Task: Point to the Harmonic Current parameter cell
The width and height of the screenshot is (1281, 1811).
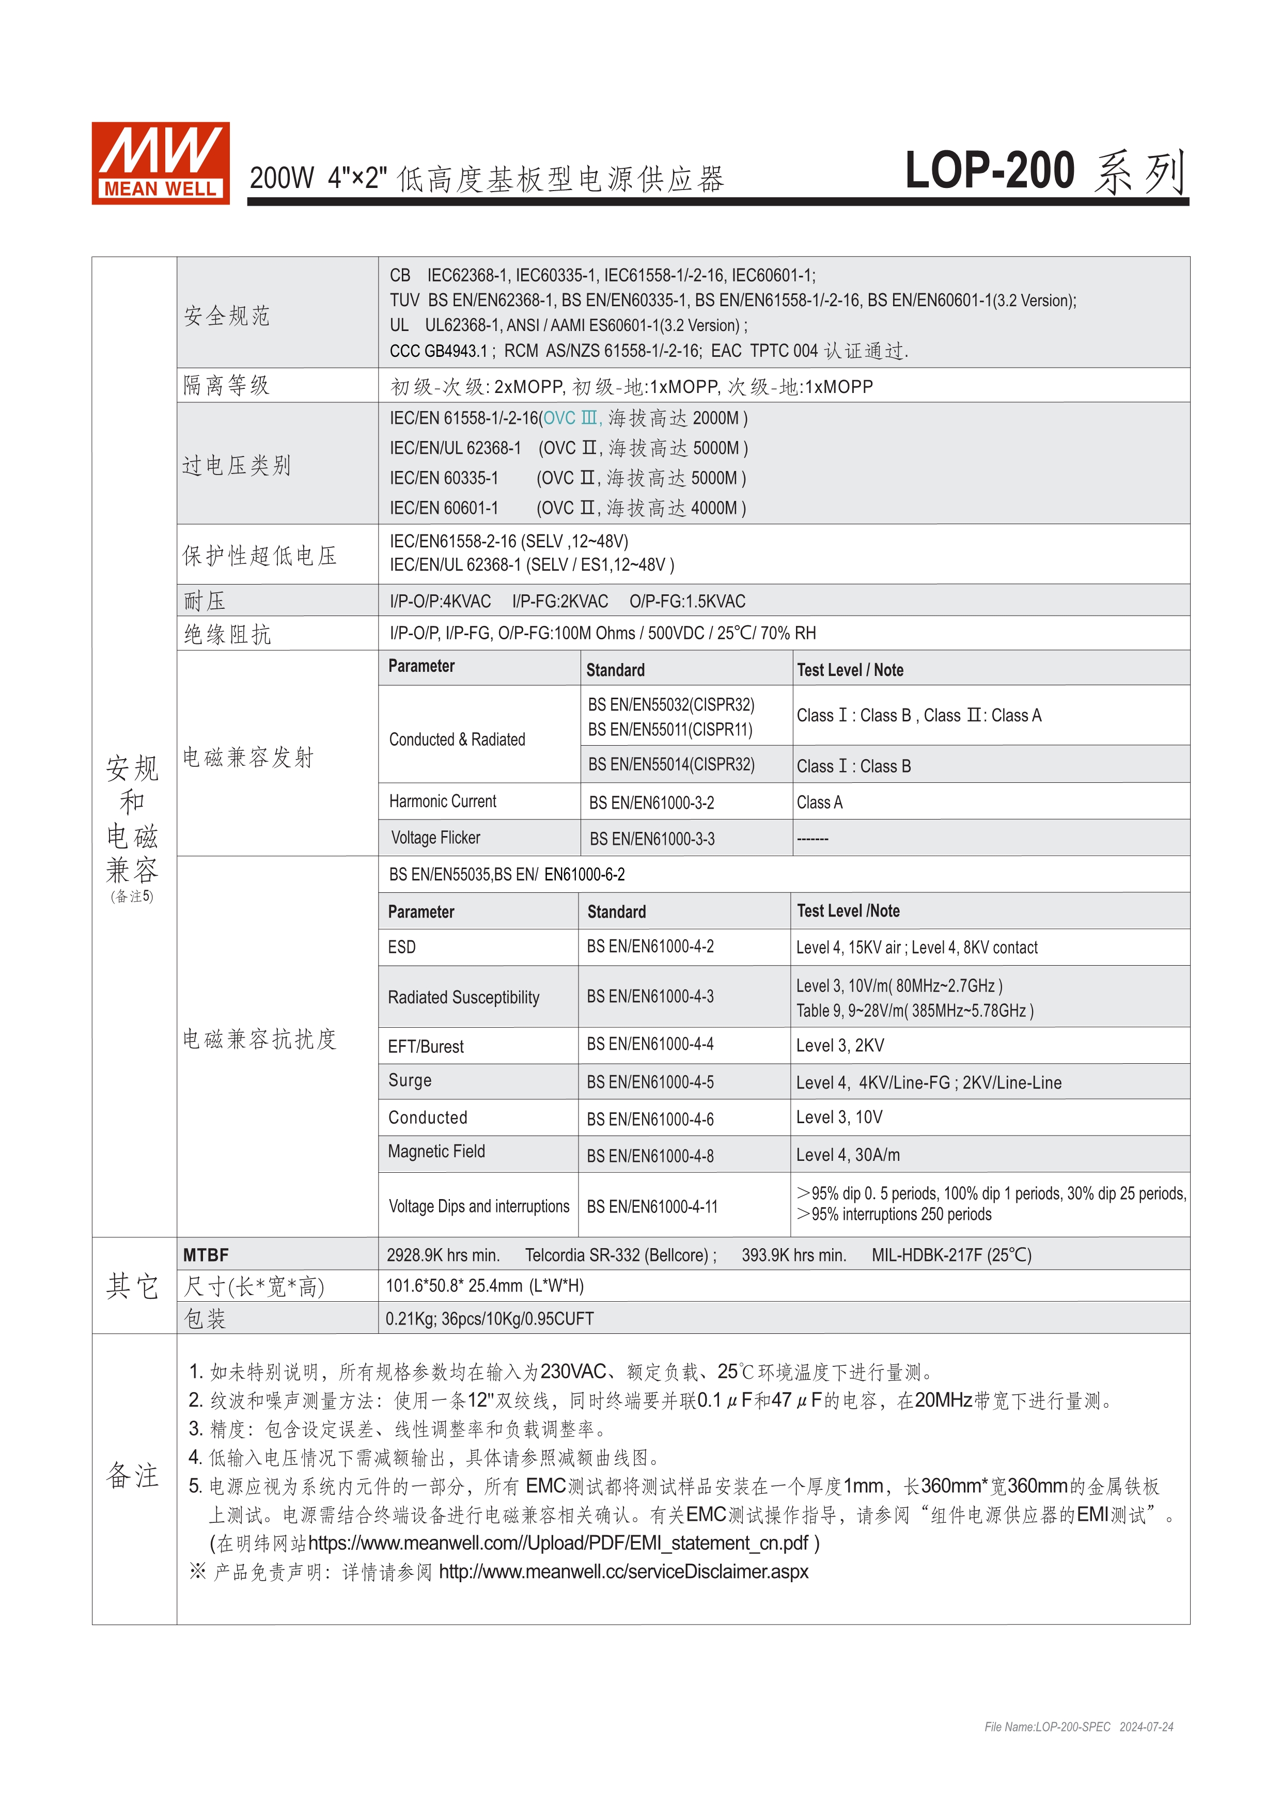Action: (x=443, y=801)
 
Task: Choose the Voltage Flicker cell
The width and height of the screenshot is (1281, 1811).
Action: (x=435, y=838)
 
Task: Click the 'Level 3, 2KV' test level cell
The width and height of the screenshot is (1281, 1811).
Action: (x=840, y=1046)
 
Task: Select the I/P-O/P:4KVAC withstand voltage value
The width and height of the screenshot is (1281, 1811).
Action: (x=440, y=601)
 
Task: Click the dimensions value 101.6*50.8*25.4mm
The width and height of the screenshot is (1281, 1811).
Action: (x=485, y=1286)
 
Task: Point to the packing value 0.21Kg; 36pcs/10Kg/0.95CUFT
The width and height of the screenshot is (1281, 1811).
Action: (x=489, y=1319)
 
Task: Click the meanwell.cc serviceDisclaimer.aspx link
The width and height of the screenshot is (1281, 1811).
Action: (x=623, y=1572)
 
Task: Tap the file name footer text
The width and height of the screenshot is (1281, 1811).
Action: (x=1079, y=1727)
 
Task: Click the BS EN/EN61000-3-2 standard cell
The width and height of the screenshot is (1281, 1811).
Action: (x=651, y=803)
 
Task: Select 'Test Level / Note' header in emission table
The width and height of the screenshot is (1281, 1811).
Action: (x=850, y=670)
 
